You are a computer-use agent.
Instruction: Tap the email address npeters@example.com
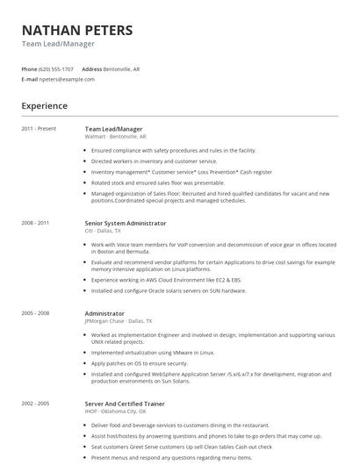[67, 79]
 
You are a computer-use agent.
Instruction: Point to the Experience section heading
[45, 106]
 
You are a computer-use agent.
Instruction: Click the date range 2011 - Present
[39, 129]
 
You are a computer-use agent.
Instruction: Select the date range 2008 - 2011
[36, 223]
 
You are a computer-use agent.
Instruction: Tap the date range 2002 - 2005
[36, 404]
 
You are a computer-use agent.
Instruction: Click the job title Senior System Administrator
[125, 223]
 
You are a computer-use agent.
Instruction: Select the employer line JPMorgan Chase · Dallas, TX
[119, 321]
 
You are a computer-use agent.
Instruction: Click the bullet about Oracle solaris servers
[169, 290]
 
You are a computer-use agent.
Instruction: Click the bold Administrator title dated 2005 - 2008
[104, 313]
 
